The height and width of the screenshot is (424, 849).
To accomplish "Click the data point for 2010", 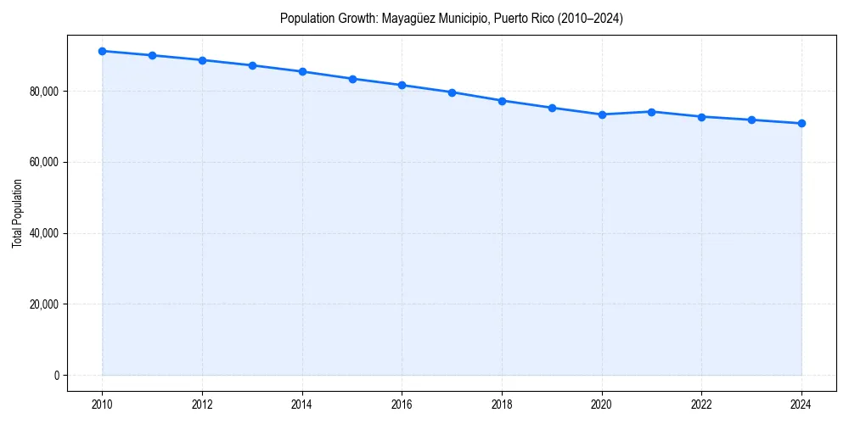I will click(103, 51).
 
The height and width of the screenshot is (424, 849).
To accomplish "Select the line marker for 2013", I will click(252, 65).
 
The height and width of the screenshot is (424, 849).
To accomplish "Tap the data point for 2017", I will click(452, 92).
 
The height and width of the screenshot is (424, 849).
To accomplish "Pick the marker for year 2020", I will click(602, 114).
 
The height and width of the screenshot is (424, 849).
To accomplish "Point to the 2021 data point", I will click(651, 111).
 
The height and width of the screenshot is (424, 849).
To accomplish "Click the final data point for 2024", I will click(801, 124).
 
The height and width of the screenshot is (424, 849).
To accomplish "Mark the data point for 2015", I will click(352, 79).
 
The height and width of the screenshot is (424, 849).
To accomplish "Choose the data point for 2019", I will click(552, 108).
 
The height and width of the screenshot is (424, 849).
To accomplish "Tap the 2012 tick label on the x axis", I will click(202, 404).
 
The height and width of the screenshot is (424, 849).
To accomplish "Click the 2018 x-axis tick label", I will click(502, 404).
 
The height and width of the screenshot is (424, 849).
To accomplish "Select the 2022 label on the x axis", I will click(701, 404).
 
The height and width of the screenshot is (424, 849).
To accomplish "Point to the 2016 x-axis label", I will click(402, 404).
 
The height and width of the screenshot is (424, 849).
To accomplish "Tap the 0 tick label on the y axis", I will click(56, 375).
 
